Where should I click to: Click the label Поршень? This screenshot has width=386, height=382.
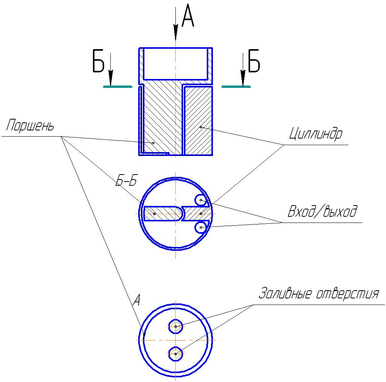30,127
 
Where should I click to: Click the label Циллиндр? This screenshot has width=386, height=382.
315,134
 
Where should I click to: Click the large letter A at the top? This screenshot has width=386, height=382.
188,17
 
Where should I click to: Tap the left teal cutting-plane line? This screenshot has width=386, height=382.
118,87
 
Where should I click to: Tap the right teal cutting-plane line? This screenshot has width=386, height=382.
236,87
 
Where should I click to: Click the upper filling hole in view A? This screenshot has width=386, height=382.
176,327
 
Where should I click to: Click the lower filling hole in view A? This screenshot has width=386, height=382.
176,353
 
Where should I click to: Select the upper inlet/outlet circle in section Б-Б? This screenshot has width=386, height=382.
201,200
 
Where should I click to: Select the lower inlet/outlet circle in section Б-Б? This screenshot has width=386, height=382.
201,228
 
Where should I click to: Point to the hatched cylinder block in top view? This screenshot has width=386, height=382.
198,120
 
